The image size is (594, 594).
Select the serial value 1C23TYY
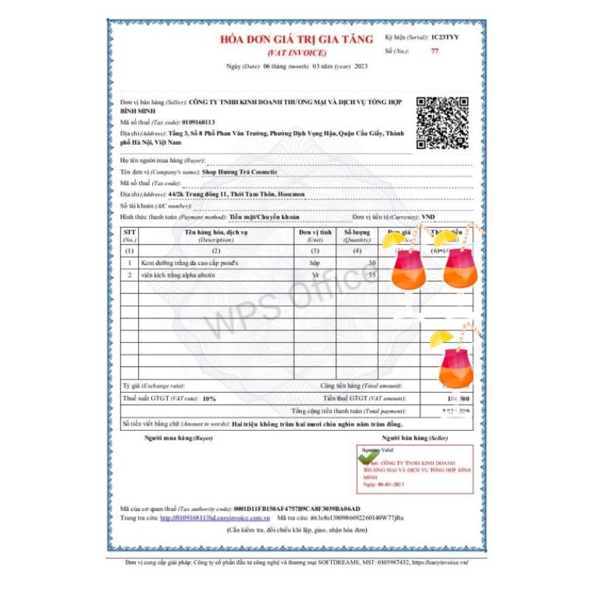445,36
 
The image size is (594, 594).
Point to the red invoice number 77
434,51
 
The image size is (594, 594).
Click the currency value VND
428,217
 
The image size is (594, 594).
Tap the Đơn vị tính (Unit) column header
315,235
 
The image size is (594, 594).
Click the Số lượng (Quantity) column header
357,235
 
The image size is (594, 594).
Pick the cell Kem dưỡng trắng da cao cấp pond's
190,263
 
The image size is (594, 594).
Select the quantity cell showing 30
371,263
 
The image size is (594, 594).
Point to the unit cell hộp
315,263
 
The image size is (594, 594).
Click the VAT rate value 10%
209,399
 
